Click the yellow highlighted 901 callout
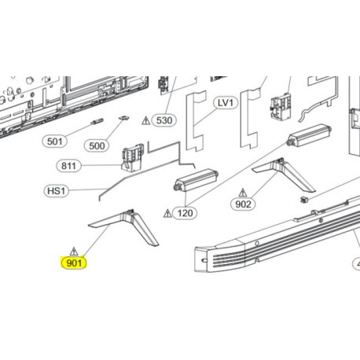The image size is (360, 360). (x=75, y=263)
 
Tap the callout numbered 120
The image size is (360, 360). (x=186, y=213)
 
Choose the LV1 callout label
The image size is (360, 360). (x=225, y=103)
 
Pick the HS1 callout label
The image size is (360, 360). (x=56, y=191)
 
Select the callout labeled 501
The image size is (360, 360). (x=54, y=141)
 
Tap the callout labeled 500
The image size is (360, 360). (x=98, y=145)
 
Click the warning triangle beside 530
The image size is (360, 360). (x=146, y=121)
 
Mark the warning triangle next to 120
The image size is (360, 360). (x=167, y=213)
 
